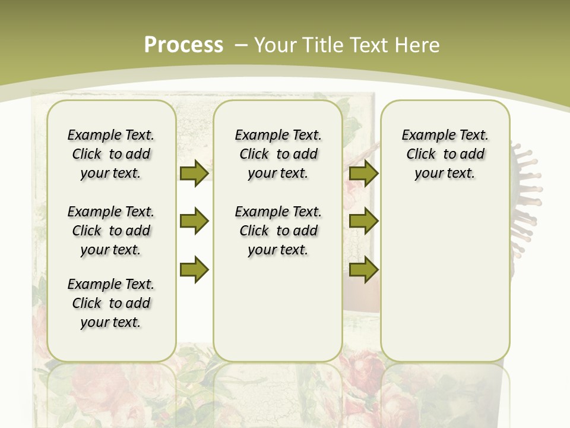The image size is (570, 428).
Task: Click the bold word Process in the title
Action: pos(183,45)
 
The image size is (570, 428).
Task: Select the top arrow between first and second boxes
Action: pos(194,173)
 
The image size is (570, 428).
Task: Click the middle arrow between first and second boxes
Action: pos(194,222)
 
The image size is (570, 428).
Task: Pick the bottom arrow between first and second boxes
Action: pos(194,270)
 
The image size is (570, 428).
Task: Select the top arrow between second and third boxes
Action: pos(363,173)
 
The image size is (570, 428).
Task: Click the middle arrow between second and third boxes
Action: pos(363,222)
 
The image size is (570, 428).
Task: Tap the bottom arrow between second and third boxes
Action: pos(363,270)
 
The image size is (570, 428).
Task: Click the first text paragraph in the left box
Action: pos(111,154)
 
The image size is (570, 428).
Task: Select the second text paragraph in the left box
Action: pos(111,231)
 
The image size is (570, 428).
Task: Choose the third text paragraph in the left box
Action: pos(111,303)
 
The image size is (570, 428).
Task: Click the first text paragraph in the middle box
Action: pos(278,154)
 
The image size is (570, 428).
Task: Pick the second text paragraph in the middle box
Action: pos(278,231)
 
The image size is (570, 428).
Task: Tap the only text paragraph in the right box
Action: pos(445,154)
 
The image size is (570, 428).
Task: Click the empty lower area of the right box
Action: pos(445,285)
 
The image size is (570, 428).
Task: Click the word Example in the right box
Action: pos(423,135)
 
